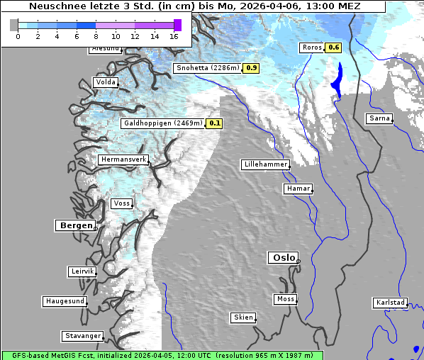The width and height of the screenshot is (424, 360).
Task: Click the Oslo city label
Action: (282, 258)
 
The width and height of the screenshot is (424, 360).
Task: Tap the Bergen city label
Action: (74, 225)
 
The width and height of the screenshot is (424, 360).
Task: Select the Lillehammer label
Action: (265, 164)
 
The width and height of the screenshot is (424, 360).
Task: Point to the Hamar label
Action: (297, 189)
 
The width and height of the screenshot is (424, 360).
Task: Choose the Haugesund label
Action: (65, 301)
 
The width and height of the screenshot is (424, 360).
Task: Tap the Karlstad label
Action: (390, 303)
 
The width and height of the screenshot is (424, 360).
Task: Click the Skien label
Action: (242, 317)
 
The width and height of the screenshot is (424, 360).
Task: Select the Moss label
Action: (285, 299)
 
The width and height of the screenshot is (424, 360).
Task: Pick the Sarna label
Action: (379, 118)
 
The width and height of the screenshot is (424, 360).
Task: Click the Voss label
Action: (121, 203)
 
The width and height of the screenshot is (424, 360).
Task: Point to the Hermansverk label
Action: (123, 160)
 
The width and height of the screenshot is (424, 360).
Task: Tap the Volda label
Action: (105, 82)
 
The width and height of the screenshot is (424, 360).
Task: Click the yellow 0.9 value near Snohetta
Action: (252, 68)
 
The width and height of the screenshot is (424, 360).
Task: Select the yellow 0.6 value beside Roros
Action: (333, 47)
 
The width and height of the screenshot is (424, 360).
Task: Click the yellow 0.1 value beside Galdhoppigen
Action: (215, 123)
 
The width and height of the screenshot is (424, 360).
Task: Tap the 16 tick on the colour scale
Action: (174, 36)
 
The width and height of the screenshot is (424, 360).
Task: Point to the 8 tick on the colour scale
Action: (96, 36)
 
